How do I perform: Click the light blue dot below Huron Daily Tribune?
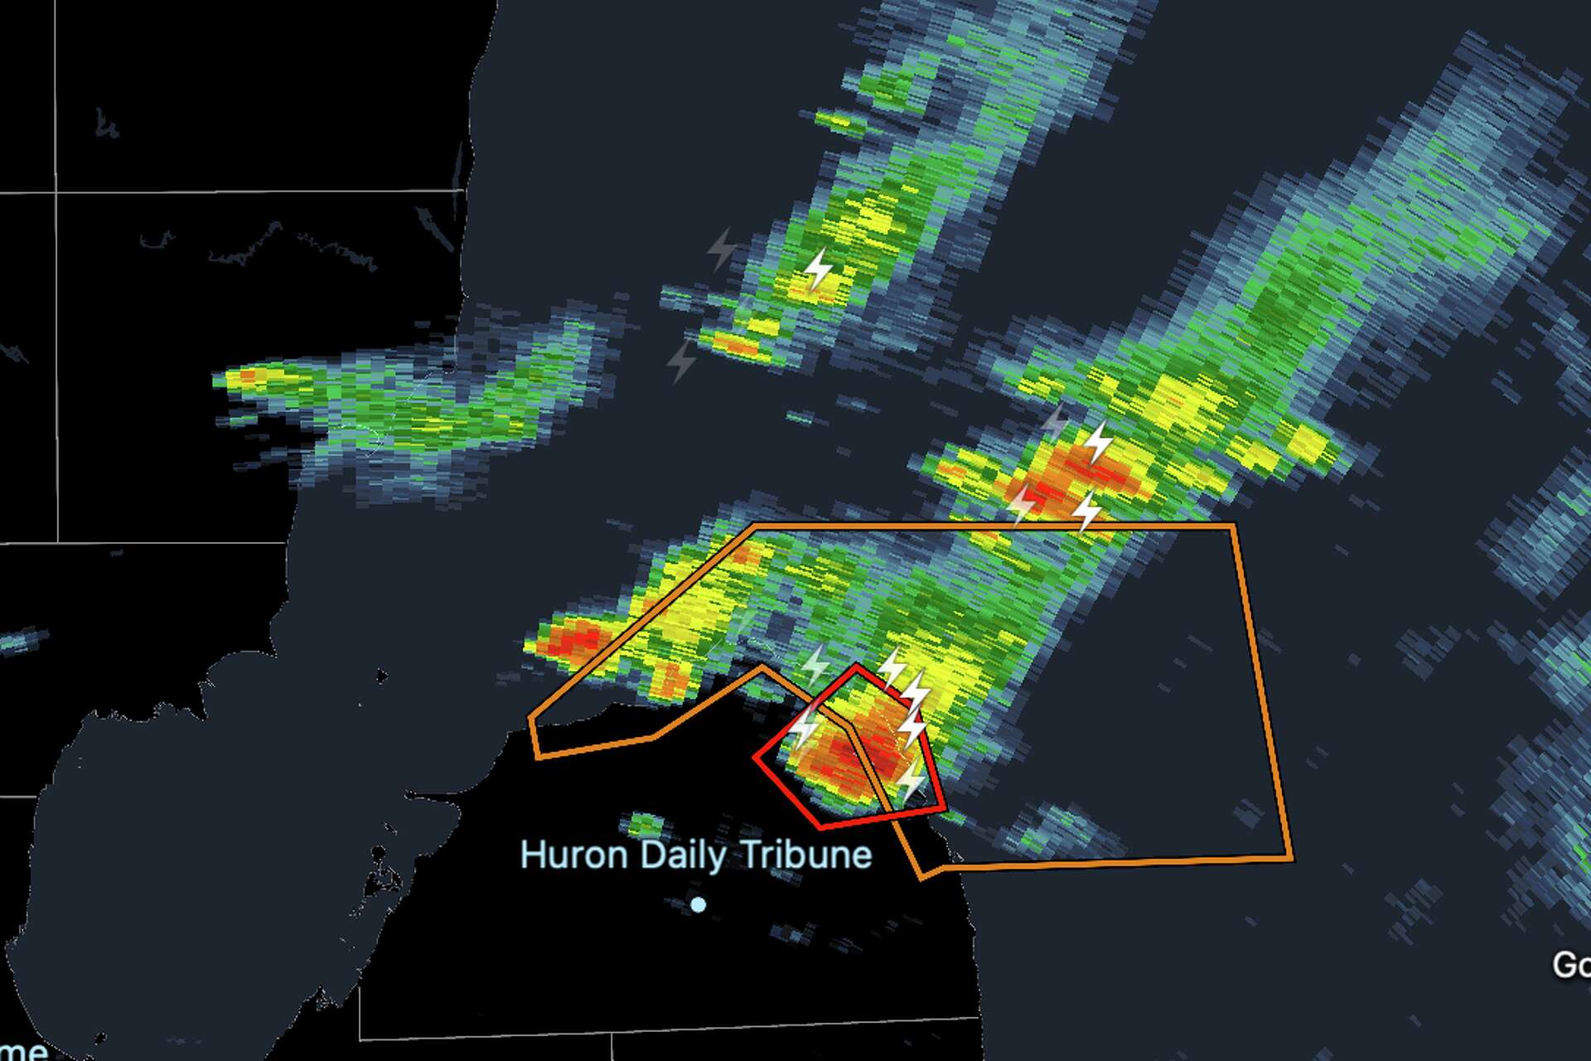698,904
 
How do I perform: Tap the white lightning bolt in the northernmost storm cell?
819,270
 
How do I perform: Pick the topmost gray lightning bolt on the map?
722,248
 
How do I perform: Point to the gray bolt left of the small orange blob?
682,361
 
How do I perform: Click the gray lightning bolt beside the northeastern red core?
1055,422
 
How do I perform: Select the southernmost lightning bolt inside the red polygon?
912,781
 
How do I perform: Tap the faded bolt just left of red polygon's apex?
816,665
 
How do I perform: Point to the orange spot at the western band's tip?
246,377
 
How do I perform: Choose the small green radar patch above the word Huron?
646,824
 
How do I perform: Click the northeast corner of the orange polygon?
1234,526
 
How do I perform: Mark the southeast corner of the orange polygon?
1291,859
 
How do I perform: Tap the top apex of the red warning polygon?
856,665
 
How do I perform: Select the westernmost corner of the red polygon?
755,757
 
